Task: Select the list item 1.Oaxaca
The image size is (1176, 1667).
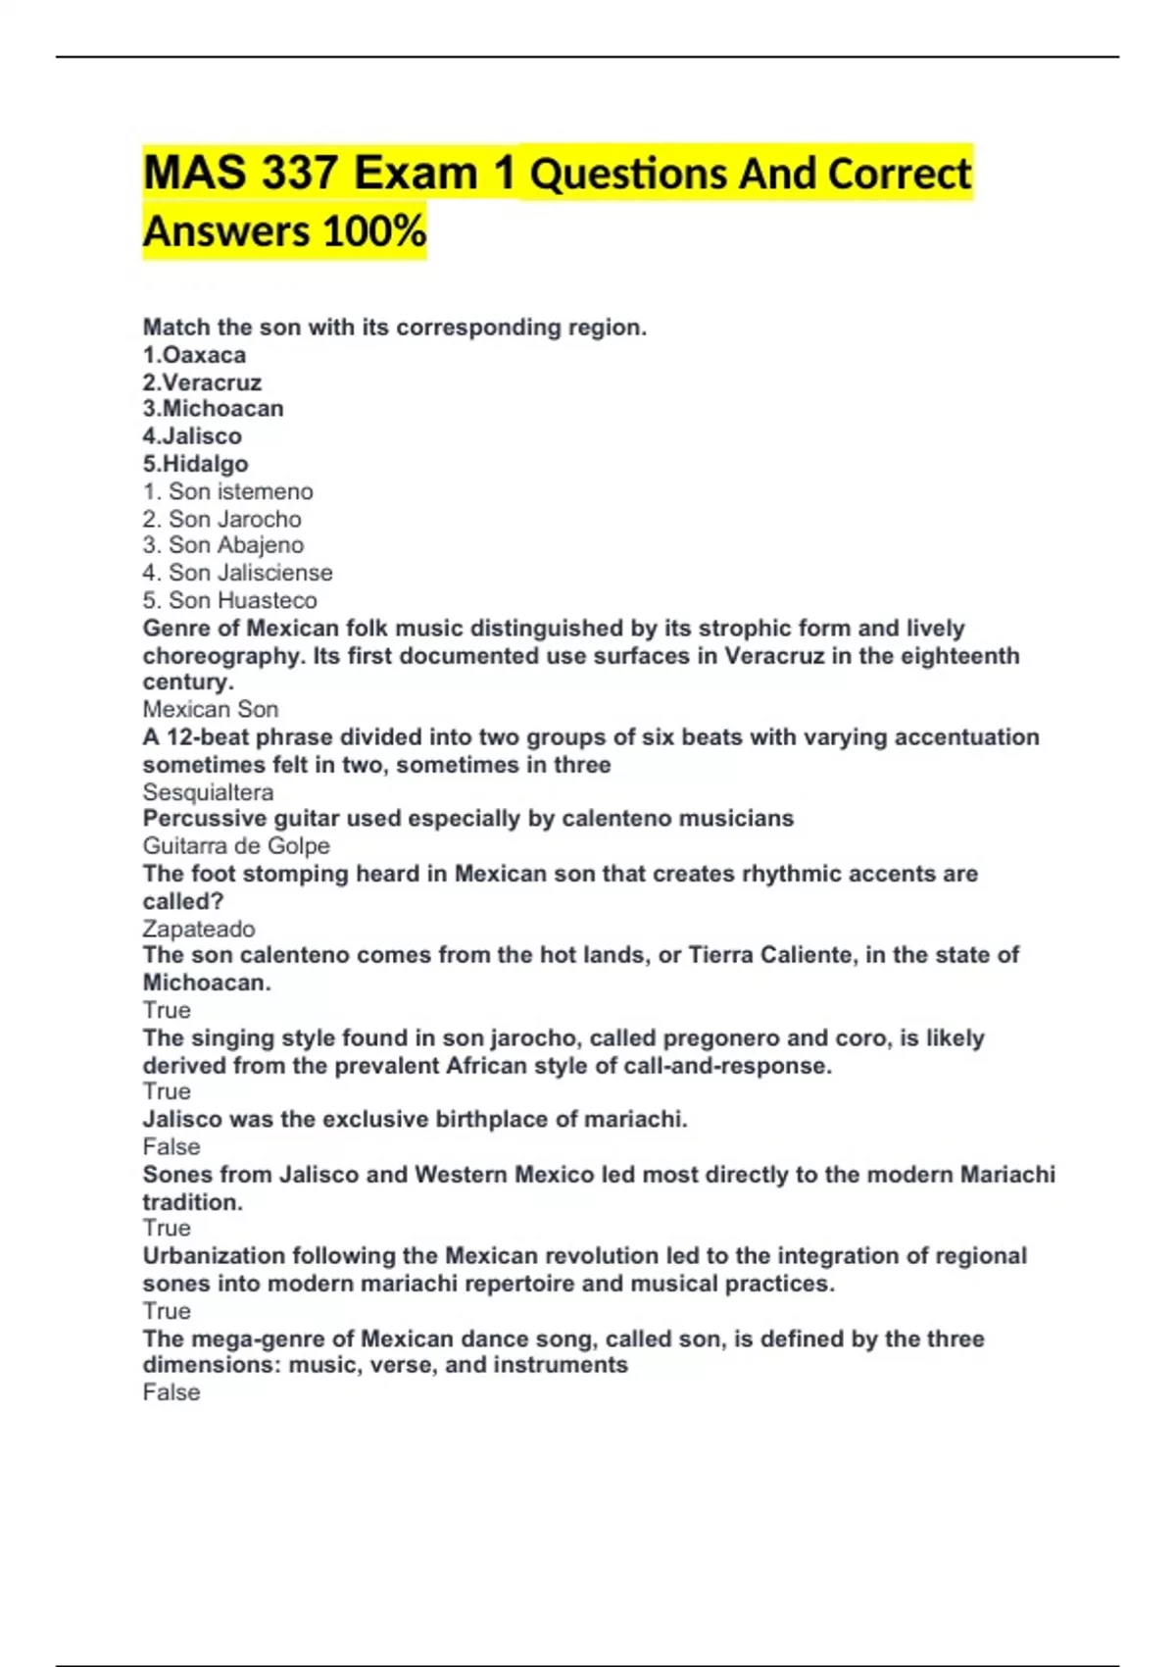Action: pos(194,355)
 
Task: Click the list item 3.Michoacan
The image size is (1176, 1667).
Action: pos(213,409)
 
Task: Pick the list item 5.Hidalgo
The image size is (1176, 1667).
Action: pos(195,464)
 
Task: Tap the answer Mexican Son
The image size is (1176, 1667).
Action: pos(211,709)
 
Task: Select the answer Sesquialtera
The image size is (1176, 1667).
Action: pos(208,792)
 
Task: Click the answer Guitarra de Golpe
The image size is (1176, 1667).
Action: pos(236,846)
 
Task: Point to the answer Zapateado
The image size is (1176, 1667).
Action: pos(199,929)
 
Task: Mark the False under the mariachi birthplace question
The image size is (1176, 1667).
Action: pos(171,1146)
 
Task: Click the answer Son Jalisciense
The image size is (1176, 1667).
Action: pos(250,573)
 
